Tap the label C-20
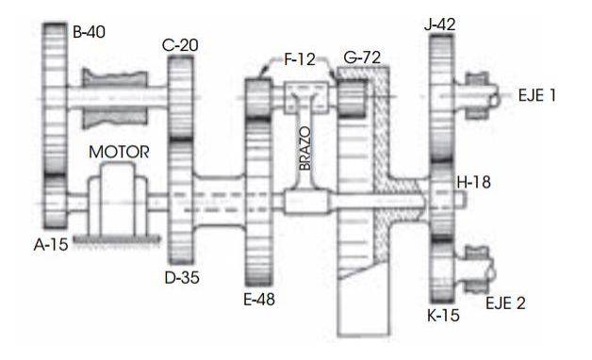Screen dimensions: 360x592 pos(181,43)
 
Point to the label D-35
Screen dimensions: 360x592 pos(184,279)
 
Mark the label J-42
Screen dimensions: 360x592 pos(441,25)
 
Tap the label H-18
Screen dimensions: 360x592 pos(476,182)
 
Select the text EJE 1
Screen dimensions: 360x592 pos(538,96)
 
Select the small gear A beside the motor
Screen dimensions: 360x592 pos(56,201)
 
